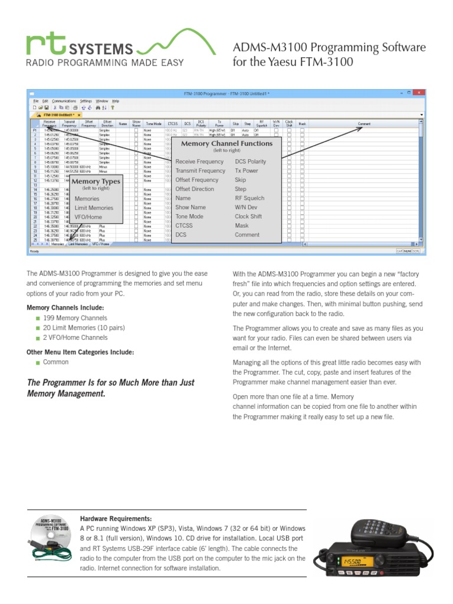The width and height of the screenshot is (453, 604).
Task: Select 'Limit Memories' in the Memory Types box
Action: pos(94,208)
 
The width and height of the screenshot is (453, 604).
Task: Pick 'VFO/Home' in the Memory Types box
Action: pos(88,217)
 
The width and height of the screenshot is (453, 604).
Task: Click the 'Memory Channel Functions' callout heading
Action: pos(226,143)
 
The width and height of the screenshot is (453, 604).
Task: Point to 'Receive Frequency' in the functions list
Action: pos(199,161)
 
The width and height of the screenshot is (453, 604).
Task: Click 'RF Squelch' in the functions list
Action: pos(250,198)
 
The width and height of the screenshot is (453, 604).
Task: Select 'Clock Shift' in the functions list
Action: pos(248,216)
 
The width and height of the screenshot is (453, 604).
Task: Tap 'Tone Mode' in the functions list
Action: pos(189,216)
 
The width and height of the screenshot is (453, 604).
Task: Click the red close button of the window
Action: pos(418,93)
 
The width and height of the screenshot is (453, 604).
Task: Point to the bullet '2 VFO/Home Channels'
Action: pos(75,337)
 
